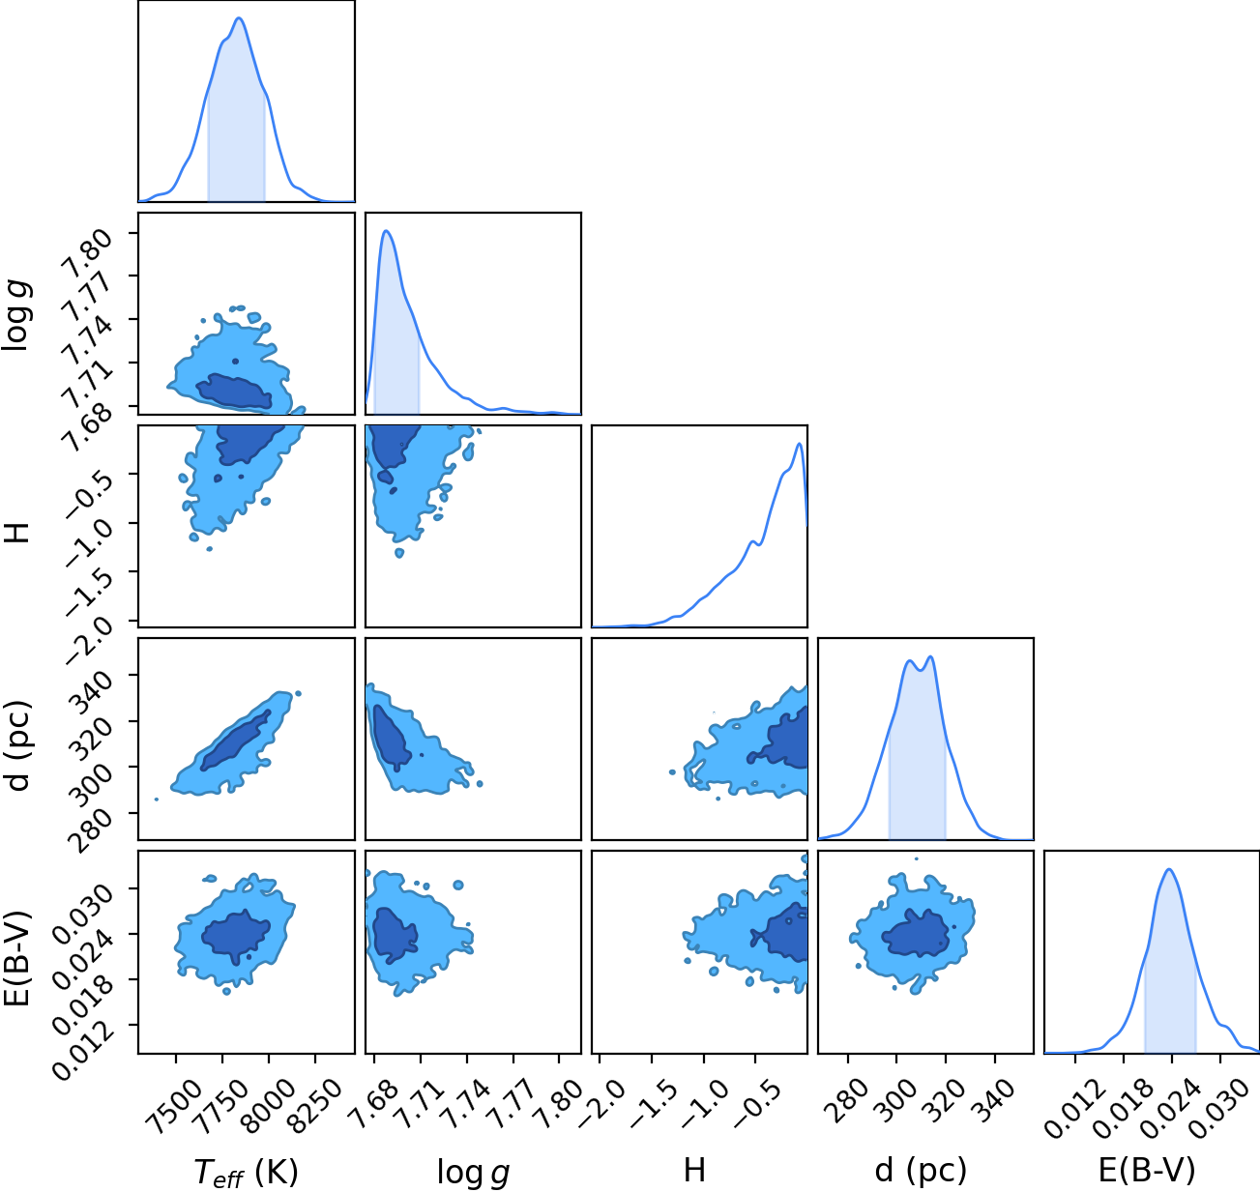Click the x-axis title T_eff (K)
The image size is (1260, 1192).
pos(247,1172)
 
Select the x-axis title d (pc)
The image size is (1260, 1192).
pos(921,1170)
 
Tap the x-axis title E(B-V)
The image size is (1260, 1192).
pos(1147,1170)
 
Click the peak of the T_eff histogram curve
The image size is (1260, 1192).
pos(239,18)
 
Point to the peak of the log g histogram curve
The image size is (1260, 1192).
pos(386,231)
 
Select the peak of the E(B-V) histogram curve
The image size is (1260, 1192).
pos(1169,870)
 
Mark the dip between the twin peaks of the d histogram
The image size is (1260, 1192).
pos(921,670)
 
